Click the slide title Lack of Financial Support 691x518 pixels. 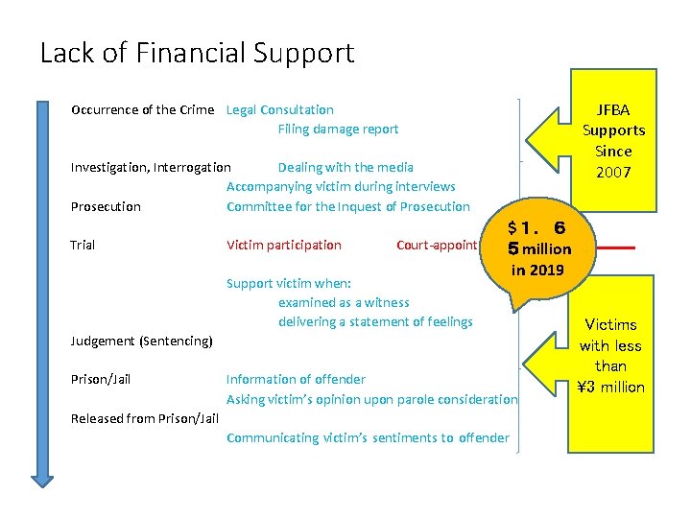point(197,52)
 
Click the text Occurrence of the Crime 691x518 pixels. point(142,109)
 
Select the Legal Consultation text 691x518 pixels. point(280,109)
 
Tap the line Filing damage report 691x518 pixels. point(338,129)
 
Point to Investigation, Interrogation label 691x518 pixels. point(151,168)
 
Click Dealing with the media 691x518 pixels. point(345,168)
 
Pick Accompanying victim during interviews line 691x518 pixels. point(341,187)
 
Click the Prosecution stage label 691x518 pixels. point(106,206)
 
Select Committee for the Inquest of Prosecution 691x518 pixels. point(348,206)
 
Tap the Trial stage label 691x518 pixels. point(83,245)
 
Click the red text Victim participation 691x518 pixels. point(283,245)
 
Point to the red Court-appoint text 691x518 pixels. point(437,245)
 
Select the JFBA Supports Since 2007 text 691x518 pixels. point(613,141)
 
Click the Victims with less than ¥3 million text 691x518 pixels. point(610,356)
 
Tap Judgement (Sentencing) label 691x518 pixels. point(141,341)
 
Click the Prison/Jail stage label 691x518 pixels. point(101,379)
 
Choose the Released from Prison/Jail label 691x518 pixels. point(145,418)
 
